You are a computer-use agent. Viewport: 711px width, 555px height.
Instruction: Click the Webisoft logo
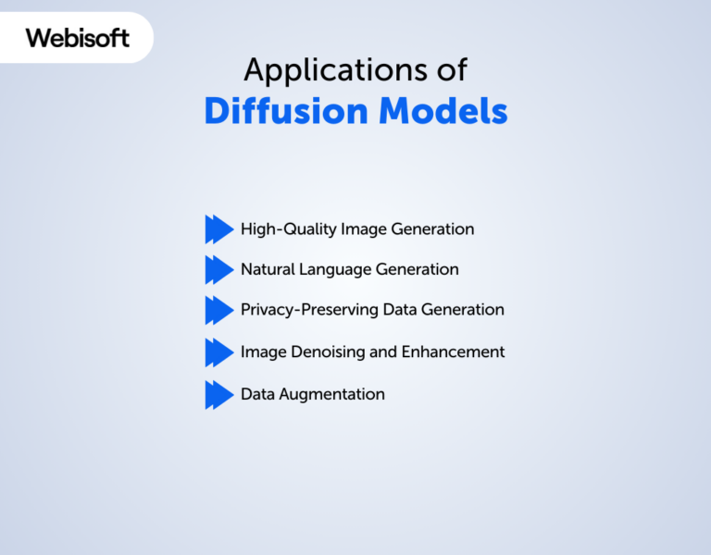(x=78, y=38)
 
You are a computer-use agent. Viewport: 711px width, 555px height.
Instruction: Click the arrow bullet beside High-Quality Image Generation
(x=218, y=228)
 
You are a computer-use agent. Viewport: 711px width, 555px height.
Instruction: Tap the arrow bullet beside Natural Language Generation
(x=218, y=269)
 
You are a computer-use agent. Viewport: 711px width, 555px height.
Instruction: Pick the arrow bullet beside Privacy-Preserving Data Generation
(x=218, y=310)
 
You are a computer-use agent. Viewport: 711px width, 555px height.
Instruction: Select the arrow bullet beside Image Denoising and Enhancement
(x=218, y=351)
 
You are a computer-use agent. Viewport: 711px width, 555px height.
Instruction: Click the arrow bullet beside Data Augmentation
(x=218, y=394)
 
